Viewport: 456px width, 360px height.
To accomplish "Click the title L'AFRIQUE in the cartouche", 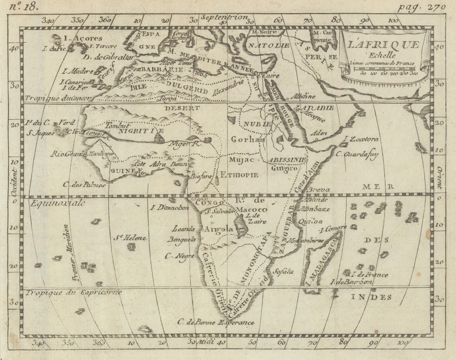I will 383,45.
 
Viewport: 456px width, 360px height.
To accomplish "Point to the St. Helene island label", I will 130,238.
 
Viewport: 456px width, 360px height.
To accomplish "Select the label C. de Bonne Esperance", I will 216,322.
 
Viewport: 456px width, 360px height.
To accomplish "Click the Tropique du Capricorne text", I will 74,292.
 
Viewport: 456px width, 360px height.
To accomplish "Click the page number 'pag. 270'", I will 421,7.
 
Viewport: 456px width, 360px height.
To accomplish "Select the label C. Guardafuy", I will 357,153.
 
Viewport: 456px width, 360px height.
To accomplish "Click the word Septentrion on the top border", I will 224,17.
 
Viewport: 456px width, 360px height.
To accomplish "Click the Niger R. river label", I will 184,144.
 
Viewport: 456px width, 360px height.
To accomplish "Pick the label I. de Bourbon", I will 351,282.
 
